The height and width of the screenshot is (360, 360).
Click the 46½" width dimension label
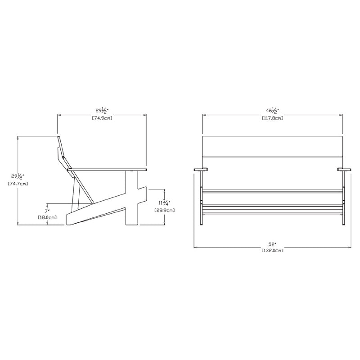pyautogui.click(x=272, y=111)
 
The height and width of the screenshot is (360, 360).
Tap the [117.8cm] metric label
pyautogui.click(x=273, y=118)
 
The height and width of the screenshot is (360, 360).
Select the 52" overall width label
pyautogui.click(x=272, y=244)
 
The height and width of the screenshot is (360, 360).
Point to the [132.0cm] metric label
pyautogui.click(x=273, y=250)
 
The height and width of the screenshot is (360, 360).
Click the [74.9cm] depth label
pyautogui.click(x=102, y=118)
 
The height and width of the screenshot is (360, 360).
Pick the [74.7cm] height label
pyautogui.click(x=18, y=184)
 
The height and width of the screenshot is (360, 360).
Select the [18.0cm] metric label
pyautogui.click(x=47, y=217)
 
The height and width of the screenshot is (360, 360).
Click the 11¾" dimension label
pyautogui.click(x=164, y=203)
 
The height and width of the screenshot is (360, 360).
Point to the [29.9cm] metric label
pyautogui.click(x=164, y=210)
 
